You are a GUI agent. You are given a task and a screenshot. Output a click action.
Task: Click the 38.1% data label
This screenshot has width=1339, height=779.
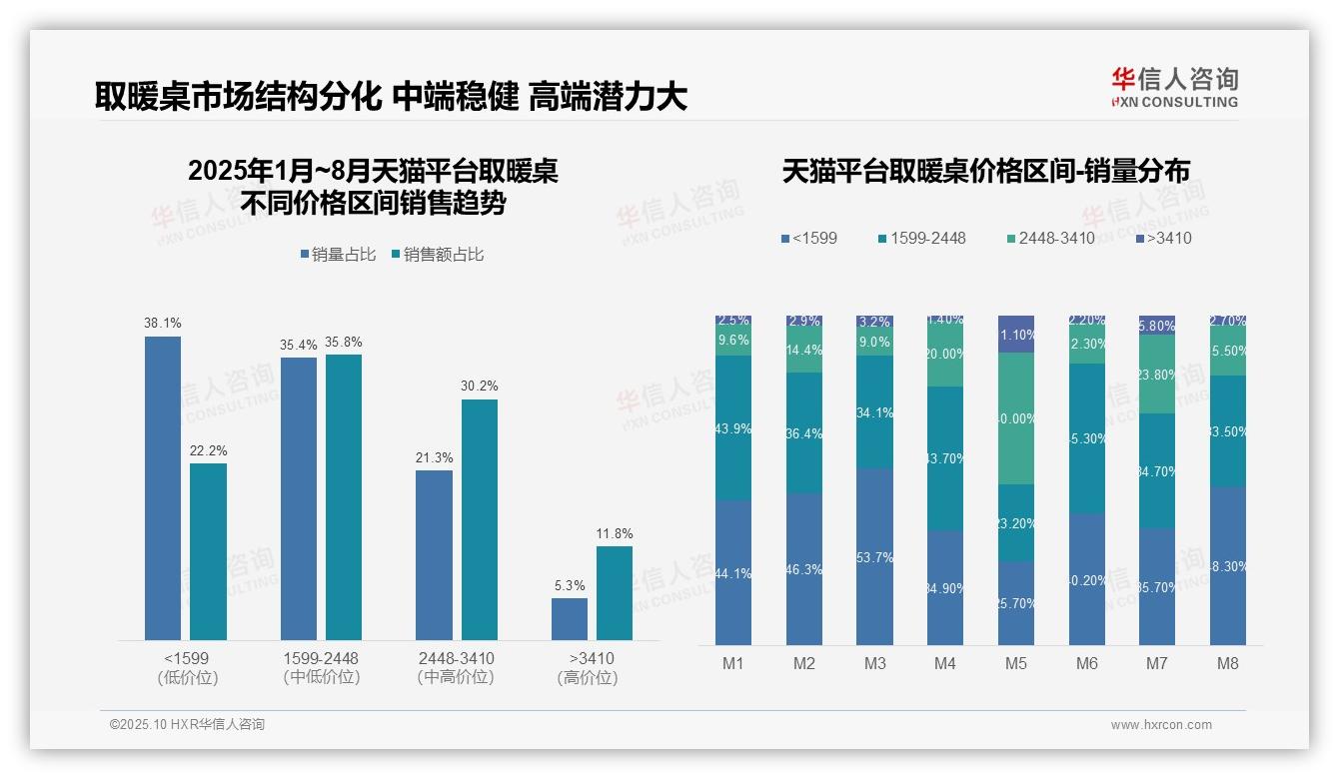click(x=163, y=324)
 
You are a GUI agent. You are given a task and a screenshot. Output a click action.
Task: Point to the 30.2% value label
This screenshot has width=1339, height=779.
click(x=479, y=387)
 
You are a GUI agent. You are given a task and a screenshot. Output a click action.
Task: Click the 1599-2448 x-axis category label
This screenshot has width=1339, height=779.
click(x=321, y=659)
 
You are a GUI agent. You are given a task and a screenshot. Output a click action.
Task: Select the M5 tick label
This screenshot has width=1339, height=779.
click(x=1015, y=663)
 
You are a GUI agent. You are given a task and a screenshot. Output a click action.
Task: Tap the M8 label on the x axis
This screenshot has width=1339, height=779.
click(x=1228, y=663)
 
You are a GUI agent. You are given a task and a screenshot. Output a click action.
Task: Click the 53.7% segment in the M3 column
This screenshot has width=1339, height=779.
click(x=875, y=557)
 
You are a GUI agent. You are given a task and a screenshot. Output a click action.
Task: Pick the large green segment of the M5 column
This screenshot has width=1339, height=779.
click(x=1016, y=418)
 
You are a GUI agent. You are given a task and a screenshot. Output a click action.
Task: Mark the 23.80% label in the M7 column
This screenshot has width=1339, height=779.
click(x=1157, y=377)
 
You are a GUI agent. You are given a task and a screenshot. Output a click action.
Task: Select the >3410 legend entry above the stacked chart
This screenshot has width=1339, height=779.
click(x=1163, y=239)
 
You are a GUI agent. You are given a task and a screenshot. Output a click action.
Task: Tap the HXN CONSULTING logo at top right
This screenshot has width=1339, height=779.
click(x=1174, y=88)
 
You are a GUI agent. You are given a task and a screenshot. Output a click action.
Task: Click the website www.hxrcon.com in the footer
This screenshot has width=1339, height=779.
click(x=1161, y=725)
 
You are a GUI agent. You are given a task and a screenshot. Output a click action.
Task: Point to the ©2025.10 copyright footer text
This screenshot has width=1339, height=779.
click(x=187, y=725)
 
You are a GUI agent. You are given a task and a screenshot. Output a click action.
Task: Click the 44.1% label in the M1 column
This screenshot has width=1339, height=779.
click(x=733, y=573)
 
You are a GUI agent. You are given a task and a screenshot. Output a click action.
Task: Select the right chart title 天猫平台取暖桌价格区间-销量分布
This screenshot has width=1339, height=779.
click(x=985, y=172)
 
